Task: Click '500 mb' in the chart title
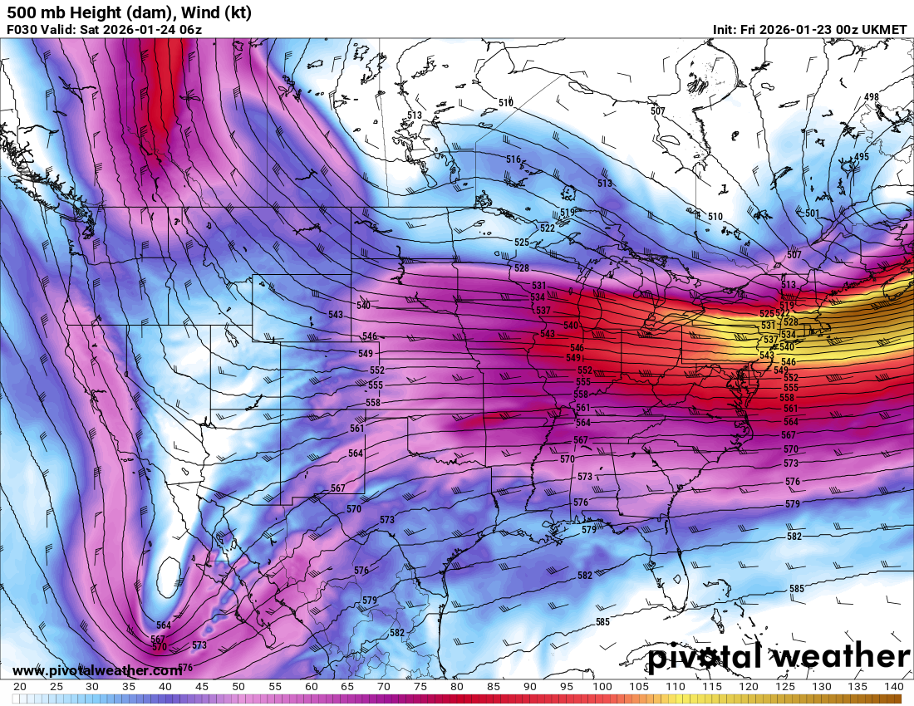coord(34,12)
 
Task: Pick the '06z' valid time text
coord(190,30)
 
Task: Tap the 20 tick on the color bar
coord(20,687)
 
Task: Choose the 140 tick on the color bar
coord(893,687)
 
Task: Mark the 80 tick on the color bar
coord(457,687)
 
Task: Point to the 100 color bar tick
coord(602,687)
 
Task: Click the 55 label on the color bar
coord(275,687)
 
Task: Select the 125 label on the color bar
coord(784,687)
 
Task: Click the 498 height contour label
coord(871,97)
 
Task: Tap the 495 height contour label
coord(862,157)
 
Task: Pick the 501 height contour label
coord(813,213)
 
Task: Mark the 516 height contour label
coord(513,159)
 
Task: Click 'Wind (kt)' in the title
coord(214,12)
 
